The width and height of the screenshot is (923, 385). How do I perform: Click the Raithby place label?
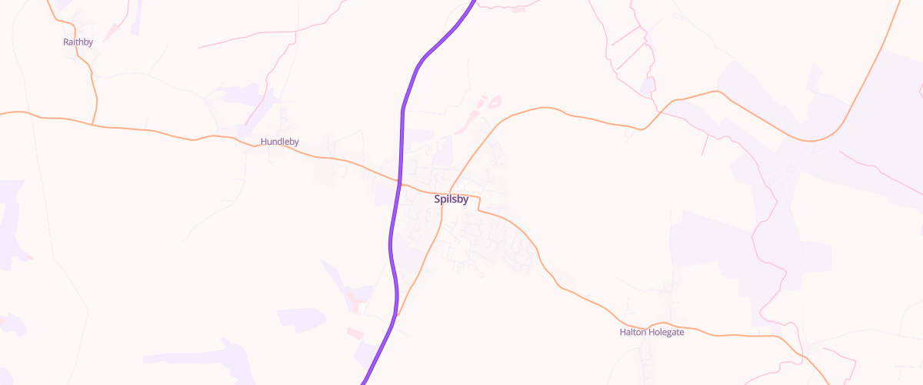pos(78,42)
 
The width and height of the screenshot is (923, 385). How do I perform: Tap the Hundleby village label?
pos(279,142)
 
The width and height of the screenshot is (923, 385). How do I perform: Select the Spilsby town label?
pos(451,199)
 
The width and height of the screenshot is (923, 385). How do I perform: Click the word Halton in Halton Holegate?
pos(634,333)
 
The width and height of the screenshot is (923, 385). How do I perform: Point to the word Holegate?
pos(667,333)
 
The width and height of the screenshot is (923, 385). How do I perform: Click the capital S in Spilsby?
pos(438,199)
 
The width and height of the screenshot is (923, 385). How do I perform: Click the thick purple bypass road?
pos(391,246)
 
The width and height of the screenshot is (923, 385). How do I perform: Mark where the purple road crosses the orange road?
pos(400,183)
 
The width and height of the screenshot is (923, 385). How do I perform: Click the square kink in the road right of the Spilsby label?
pos(479,203)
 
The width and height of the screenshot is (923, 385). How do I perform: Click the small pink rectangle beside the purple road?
pos(354,333)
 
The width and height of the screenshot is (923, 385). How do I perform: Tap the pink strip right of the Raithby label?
pos(112,31)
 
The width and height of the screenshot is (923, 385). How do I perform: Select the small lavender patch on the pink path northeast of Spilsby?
pos(647,85)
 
